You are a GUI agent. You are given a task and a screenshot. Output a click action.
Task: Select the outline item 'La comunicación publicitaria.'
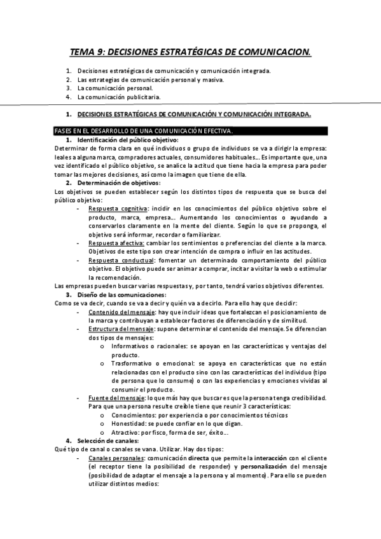pyautogui.click(x=118, y=97)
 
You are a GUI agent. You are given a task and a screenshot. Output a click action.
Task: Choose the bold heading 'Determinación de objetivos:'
pyautogui.click(x=119, y=183)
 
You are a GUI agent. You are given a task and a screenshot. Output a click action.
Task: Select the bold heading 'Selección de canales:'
pyautogui.click(x=107, y=441)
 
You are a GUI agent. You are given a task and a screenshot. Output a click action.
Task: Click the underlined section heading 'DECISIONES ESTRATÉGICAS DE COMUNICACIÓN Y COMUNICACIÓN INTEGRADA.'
pyautogui.click(x=194, y=114)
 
